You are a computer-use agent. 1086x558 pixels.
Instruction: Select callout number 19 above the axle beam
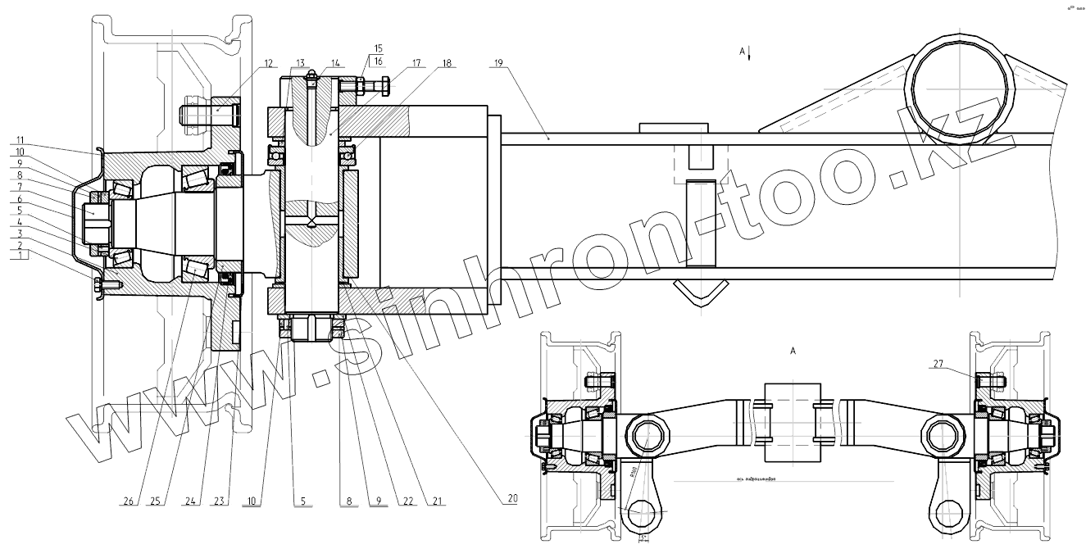[498, 62]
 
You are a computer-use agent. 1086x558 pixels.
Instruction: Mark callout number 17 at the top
[416, 62]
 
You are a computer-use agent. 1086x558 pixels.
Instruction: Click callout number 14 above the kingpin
[336, 62]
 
